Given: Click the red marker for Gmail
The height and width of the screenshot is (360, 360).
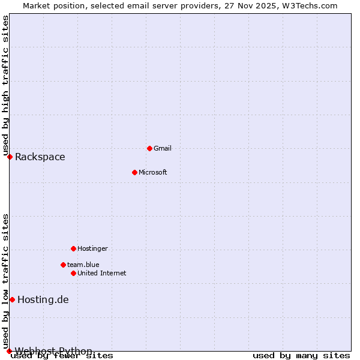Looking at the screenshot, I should point(149,148).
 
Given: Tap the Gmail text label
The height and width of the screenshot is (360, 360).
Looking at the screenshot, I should point(162,148).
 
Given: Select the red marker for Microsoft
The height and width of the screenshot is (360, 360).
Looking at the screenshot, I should point(134,172).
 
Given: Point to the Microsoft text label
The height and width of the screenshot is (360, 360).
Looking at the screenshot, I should point(152,172).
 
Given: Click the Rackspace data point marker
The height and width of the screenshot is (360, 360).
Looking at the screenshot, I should point(10,157).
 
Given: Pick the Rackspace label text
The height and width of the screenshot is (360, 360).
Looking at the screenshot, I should point(40,157).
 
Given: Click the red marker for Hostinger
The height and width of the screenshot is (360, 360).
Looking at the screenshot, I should point(73,248).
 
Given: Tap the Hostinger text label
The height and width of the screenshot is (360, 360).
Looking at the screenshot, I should point(92,248).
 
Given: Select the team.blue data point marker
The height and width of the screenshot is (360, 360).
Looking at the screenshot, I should point(63,265).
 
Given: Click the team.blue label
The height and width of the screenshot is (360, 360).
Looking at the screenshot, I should point(83,265).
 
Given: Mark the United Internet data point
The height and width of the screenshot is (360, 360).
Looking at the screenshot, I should point(73,273).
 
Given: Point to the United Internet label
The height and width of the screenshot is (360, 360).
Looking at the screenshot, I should point(101,273).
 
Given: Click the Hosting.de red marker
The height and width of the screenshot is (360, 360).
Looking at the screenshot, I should point(12,299).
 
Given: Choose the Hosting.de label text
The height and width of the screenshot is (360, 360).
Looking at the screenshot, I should point(43,300).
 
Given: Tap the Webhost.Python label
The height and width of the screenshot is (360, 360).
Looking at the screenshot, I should point(53,350).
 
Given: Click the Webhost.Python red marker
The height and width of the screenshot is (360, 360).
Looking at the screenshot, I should point(9,351).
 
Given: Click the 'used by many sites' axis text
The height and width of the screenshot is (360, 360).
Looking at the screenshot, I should point(301,356).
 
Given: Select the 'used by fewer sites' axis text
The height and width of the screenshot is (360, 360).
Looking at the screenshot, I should point(62,356).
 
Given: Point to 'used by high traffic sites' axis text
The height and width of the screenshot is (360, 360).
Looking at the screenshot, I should point(5,85).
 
